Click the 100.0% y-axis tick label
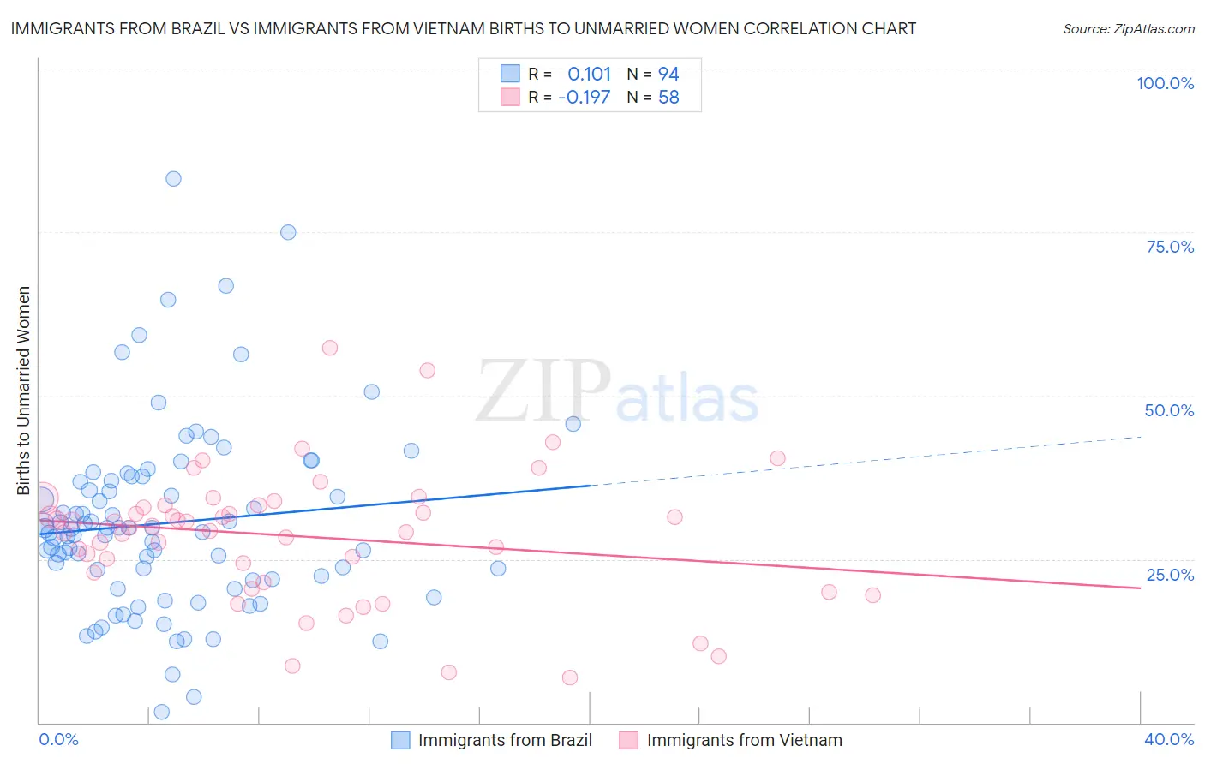(x=1165, y=83)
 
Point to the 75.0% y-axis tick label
(x=1170, y=247)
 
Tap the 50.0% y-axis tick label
(x=1169, y=410)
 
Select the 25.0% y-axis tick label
(x=1170, y=574)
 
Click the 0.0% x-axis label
(x=58, y=739)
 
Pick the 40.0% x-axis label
(x=1168, y=739)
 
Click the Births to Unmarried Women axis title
(x=23, y=391)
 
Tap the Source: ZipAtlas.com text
(x=1128, y=29)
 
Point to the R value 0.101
(x=589, y=75)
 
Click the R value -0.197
(x=584, y=98)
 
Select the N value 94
(x=668, y=75)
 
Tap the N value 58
(x=668, y=98)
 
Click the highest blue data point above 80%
(x=173, y=179)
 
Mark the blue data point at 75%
(x=288, y=232)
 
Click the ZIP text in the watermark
(x=543, y=391)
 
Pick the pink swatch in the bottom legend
(x=629, y=740)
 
